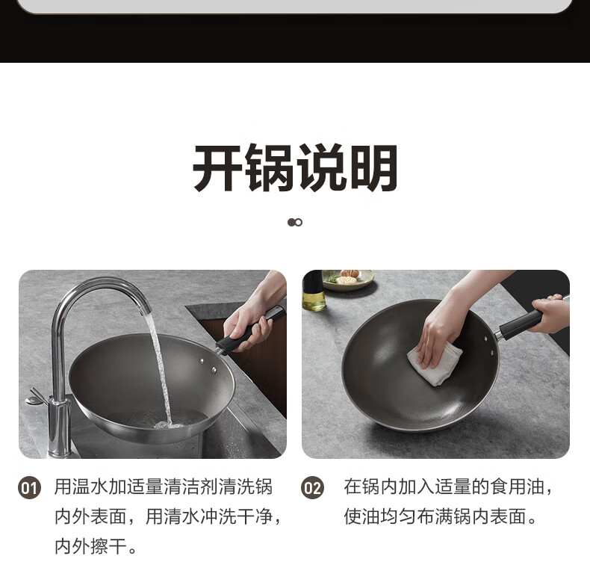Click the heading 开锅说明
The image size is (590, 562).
point(295,167)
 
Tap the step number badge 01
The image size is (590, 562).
point(29,488)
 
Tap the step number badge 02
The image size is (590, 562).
point(312,488)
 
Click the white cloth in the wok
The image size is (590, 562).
point(435,364)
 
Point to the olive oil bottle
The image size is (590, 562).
point(314,291)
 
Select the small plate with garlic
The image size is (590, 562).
point(348,280)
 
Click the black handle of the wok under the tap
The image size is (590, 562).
point(250,330)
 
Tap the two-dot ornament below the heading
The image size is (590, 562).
point(295,223)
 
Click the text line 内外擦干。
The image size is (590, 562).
point(96,546)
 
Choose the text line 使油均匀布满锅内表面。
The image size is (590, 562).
point(440,516)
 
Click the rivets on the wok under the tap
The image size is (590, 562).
point(208,365)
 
